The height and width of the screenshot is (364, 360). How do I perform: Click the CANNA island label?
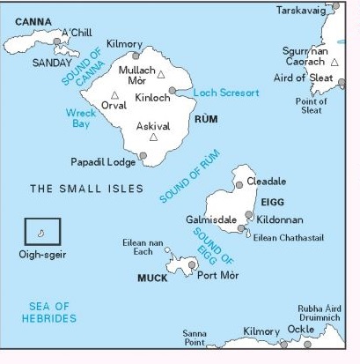pos(33,21)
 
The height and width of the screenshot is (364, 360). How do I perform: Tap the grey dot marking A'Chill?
pos(57,41)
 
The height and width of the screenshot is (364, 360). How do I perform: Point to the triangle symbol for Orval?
pos(114,95)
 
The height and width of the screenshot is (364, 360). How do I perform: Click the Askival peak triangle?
pos(154,137)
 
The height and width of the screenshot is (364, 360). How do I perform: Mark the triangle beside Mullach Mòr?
pos(160,75)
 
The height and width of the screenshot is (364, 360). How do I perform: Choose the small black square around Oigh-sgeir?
pos(42,232)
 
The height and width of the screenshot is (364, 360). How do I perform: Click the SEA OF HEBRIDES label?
pos(52,312)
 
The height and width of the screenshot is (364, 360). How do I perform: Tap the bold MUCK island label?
pos(151,278)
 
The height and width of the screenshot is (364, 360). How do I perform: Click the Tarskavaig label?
pos(302,11)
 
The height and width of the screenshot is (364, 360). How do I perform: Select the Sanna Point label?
pos(195,339)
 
